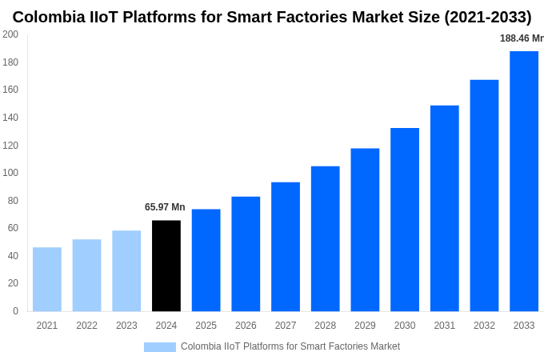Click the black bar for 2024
tap(166, 266)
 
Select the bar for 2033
tap(524, 181)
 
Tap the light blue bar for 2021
tap(47, 279)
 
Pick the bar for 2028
tap(325, 238)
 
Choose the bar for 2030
tap(405, 219)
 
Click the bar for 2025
tap(206, 260)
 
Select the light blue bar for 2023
tap(126, 270)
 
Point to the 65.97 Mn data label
tap(165, 207)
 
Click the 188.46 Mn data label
tap(521, 38)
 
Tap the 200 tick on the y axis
tap(10, 34)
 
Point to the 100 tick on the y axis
tap(10, 173)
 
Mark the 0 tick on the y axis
tap(15, 311)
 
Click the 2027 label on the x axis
tap(286, 326)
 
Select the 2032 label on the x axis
tap(484, 326)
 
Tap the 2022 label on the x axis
tap(86, 326)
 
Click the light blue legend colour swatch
tap(159, 346)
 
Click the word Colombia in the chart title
tap(50, 17)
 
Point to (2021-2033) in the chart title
tap(487, 17)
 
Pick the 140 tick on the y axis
tap(10, 118)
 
